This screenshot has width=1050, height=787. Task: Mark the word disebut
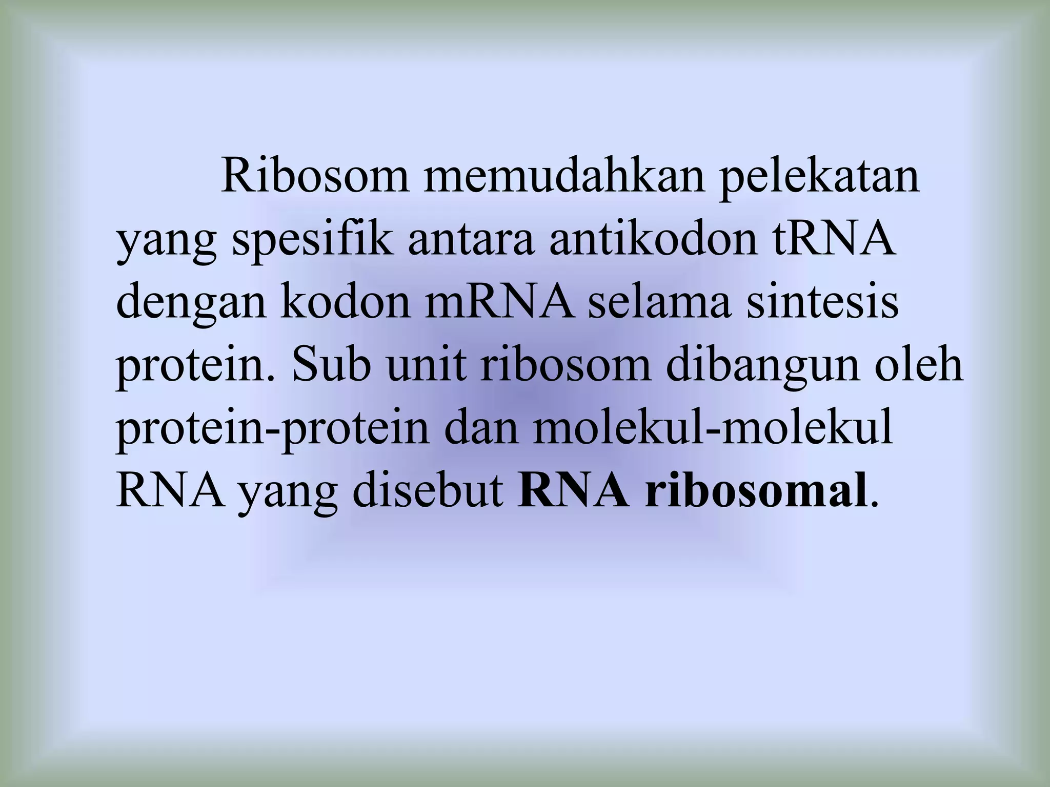tap(428, 492)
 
